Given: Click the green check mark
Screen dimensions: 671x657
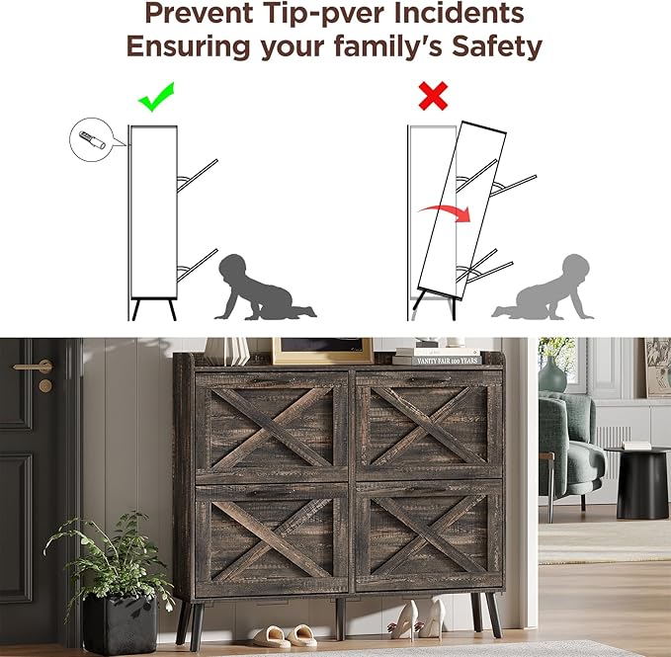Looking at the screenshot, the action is [x=155, y=99].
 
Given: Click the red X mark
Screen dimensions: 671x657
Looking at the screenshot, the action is [x=433, y=96].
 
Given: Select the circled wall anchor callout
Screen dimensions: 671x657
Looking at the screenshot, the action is [x=92, y=140].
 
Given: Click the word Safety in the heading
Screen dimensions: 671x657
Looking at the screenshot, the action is [x=497, y=46].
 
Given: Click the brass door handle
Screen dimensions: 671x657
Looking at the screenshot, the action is [x=36, y=367].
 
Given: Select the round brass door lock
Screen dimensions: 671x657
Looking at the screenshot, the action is [x=45, y=386].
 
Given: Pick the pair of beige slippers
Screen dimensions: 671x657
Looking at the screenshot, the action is [x=285, y=635].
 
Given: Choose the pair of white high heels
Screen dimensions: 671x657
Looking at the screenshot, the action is [x=417, y=618].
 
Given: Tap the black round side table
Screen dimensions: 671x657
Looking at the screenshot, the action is [x=640, y=481].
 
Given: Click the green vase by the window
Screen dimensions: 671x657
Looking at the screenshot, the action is [x=552, y=374].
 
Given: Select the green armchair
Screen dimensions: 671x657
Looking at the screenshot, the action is [x=570, y=453].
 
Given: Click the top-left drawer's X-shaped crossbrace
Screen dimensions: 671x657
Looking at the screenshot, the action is [x=272, y=428].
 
